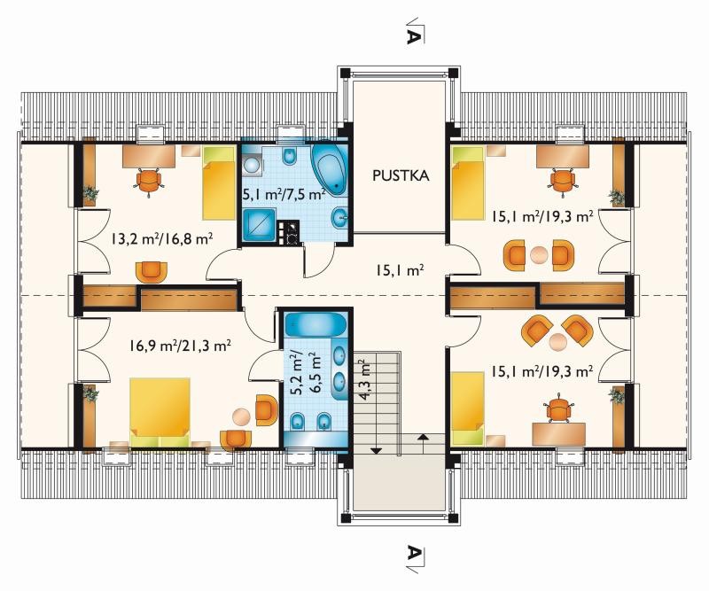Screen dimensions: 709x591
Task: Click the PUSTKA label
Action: [x=401, y=175]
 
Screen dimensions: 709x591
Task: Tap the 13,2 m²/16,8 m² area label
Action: [x=162, y=237]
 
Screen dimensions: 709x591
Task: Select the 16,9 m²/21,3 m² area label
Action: [x=180, y=346]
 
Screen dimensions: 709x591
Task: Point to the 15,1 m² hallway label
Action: [x=399, y=270]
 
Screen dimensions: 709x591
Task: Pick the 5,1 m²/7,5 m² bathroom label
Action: [x=284, y=194]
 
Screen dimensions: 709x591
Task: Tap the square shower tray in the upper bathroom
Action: [x=259, y=225]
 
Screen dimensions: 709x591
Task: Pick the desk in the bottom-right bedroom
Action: [x=558, y=434]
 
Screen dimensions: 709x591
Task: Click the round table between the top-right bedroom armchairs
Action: [x=539, y=254]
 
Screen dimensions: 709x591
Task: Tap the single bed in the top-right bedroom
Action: [x=468, y=183]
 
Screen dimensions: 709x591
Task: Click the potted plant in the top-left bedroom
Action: [x=90, y=194]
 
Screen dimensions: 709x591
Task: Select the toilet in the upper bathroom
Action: [x=289, y=157]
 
